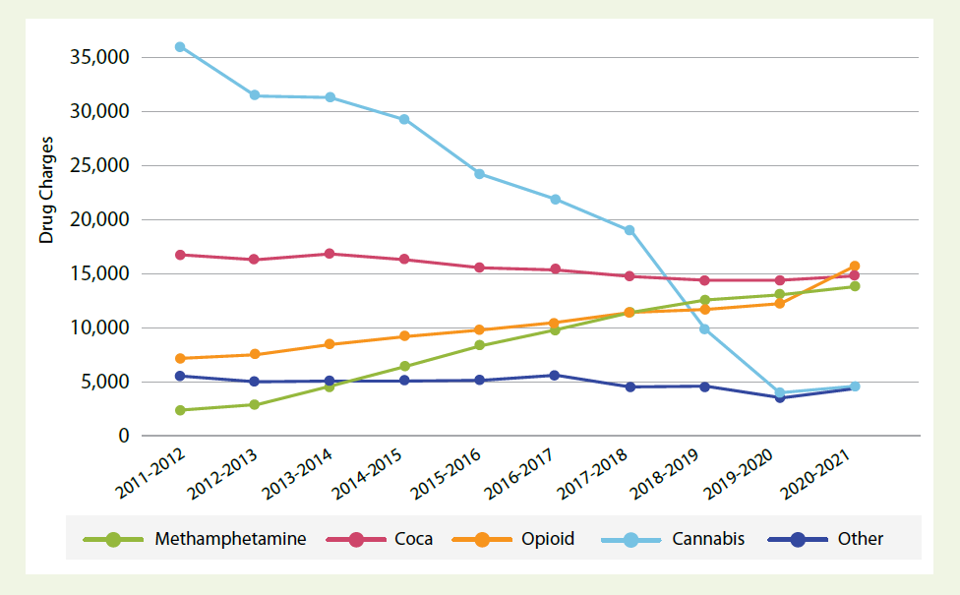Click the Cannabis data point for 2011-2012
click(x=180, y=46)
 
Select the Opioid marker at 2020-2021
click(x=855, y=267)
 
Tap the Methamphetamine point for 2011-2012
click(x=180, y=410)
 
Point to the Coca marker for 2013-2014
click(x=330, y=254)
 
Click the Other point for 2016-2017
click(x=555, y=375)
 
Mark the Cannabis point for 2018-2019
click(x=704, y=328)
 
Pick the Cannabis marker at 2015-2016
click(x=479, y=174)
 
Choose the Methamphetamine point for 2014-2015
click(x=404, y=367)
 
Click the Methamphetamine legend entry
click(x=230, y=539)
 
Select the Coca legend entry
click(x=413, y=539)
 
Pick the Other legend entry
click(x=860, y=539)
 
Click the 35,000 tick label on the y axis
click(x=101, y=57)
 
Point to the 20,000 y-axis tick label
click(x=101, y=219)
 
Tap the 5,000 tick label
click(x=106, y=382)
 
